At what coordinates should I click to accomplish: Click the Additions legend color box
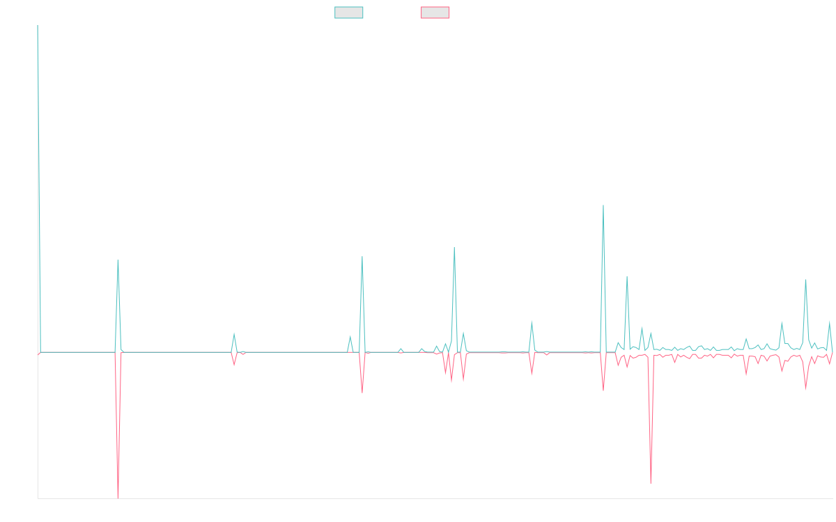tap(349, 13)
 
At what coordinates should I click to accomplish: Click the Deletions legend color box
tap(435, 13)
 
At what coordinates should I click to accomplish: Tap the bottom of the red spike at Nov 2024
tap(651, 482)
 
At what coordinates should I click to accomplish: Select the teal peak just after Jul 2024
tap(603, 205)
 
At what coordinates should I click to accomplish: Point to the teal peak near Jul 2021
tap(118, 260)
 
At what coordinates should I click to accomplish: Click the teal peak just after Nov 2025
tap(805, 279)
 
